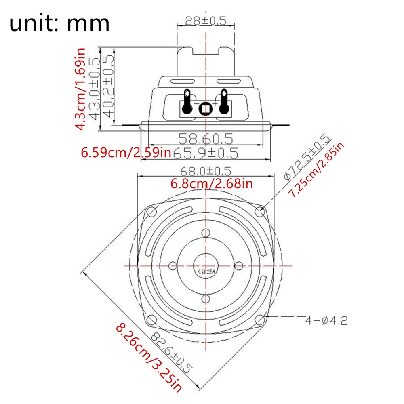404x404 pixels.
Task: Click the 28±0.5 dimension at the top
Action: point(205,20)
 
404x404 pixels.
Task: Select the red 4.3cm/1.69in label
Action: point(81,89)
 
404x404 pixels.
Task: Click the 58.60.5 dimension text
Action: point(206,139)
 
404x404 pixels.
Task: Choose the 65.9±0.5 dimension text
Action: point(206,153)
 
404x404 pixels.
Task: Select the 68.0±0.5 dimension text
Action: point(206,170)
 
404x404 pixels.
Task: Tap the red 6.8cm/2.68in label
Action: point(212,184)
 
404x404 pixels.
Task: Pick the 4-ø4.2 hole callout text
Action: point(326,321)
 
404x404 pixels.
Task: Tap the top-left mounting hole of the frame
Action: point(152,211)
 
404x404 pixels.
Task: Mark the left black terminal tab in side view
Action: point(187,101)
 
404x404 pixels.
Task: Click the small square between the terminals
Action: point(206,109)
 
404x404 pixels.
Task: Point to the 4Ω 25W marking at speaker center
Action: point(206,271)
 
